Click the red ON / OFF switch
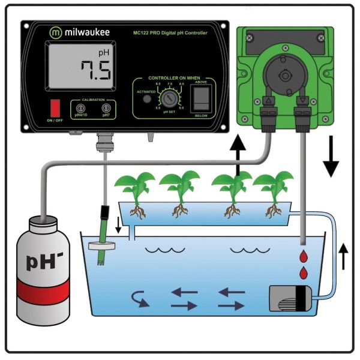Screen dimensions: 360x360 click(x=55, y=107)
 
